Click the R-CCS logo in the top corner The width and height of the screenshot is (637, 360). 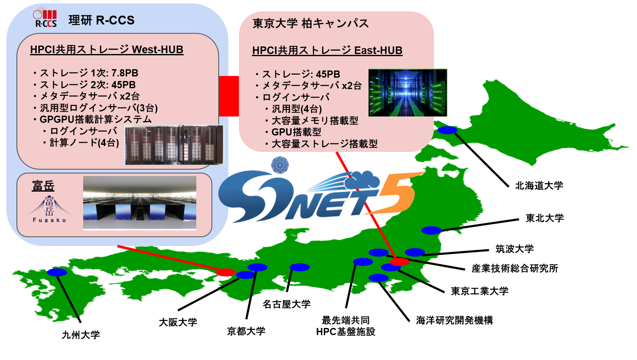click(45, 19)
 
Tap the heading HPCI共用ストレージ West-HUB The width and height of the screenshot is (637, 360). click(107, 49)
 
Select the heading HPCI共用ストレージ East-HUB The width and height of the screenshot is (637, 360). click(327, 50)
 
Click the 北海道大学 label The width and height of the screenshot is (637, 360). click(539, 185)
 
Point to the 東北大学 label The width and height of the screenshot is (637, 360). click(545, 218)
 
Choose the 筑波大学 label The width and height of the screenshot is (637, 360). click(515, 249)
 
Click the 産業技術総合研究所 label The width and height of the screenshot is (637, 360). click(515, 268)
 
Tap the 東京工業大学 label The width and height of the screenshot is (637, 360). click(480, 291)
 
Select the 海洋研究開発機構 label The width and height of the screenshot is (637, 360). click(454, 320)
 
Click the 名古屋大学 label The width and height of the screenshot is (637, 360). click(287, 304)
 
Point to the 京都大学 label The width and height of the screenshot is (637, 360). click(246, 331)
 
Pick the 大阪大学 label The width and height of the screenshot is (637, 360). click(178, 322)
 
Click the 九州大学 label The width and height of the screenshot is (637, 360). click(81, 335)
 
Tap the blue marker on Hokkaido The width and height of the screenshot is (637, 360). click(447, 130)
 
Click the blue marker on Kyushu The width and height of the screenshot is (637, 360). click(57, 272)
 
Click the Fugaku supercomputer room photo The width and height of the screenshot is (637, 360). click(140, 203)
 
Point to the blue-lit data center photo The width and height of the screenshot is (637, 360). click(407, 92)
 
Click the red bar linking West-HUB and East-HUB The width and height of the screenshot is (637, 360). click(229, 96)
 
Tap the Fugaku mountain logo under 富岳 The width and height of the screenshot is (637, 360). click(49, 208)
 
